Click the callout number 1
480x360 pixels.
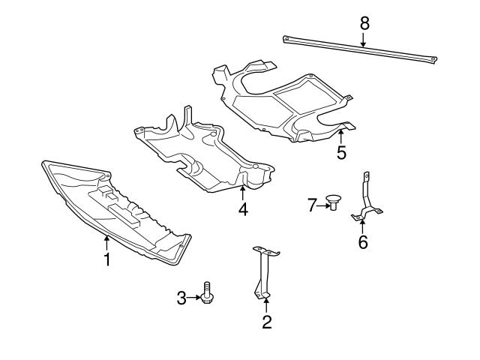pos(107,261)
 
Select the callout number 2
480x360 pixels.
pos(266,322)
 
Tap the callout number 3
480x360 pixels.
pos(181,298)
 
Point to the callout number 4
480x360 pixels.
pos(242,210)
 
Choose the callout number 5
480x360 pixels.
pos(341,153)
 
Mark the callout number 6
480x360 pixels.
pos(363,242)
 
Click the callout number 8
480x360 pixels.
pos(364,23)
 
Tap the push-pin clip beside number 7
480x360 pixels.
pos(333,202)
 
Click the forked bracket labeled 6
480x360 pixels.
pos(365,199)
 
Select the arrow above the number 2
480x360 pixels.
pos(266,305)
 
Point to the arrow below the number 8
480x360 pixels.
pos(364,40)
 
